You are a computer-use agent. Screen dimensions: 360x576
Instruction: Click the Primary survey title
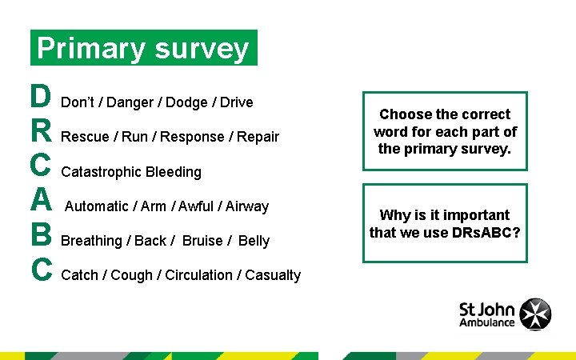tap(143, 49)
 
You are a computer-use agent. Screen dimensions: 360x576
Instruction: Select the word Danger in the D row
tap(131, 102)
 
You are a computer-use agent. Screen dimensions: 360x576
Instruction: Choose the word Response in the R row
tap(192, 137)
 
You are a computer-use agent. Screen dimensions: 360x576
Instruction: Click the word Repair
tap(258, 137)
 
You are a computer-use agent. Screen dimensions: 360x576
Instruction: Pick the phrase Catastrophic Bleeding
tap(131, 172)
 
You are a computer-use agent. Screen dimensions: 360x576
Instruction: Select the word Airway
tap(247, 206)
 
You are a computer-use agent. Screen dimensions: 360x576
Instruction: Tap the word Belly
tap(254, 241)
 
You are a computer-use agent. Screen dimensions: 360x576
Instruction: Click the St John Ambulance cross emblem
tap(535, 314)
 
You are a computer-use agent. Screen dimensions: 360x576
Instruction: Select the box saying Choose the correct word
tap(445, 131)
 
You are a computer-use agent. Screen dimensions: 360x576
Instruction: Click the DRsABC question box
tap(445, 223)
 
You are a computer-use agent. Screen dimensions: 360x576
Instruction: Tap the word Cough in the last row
tap(132, 275)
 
